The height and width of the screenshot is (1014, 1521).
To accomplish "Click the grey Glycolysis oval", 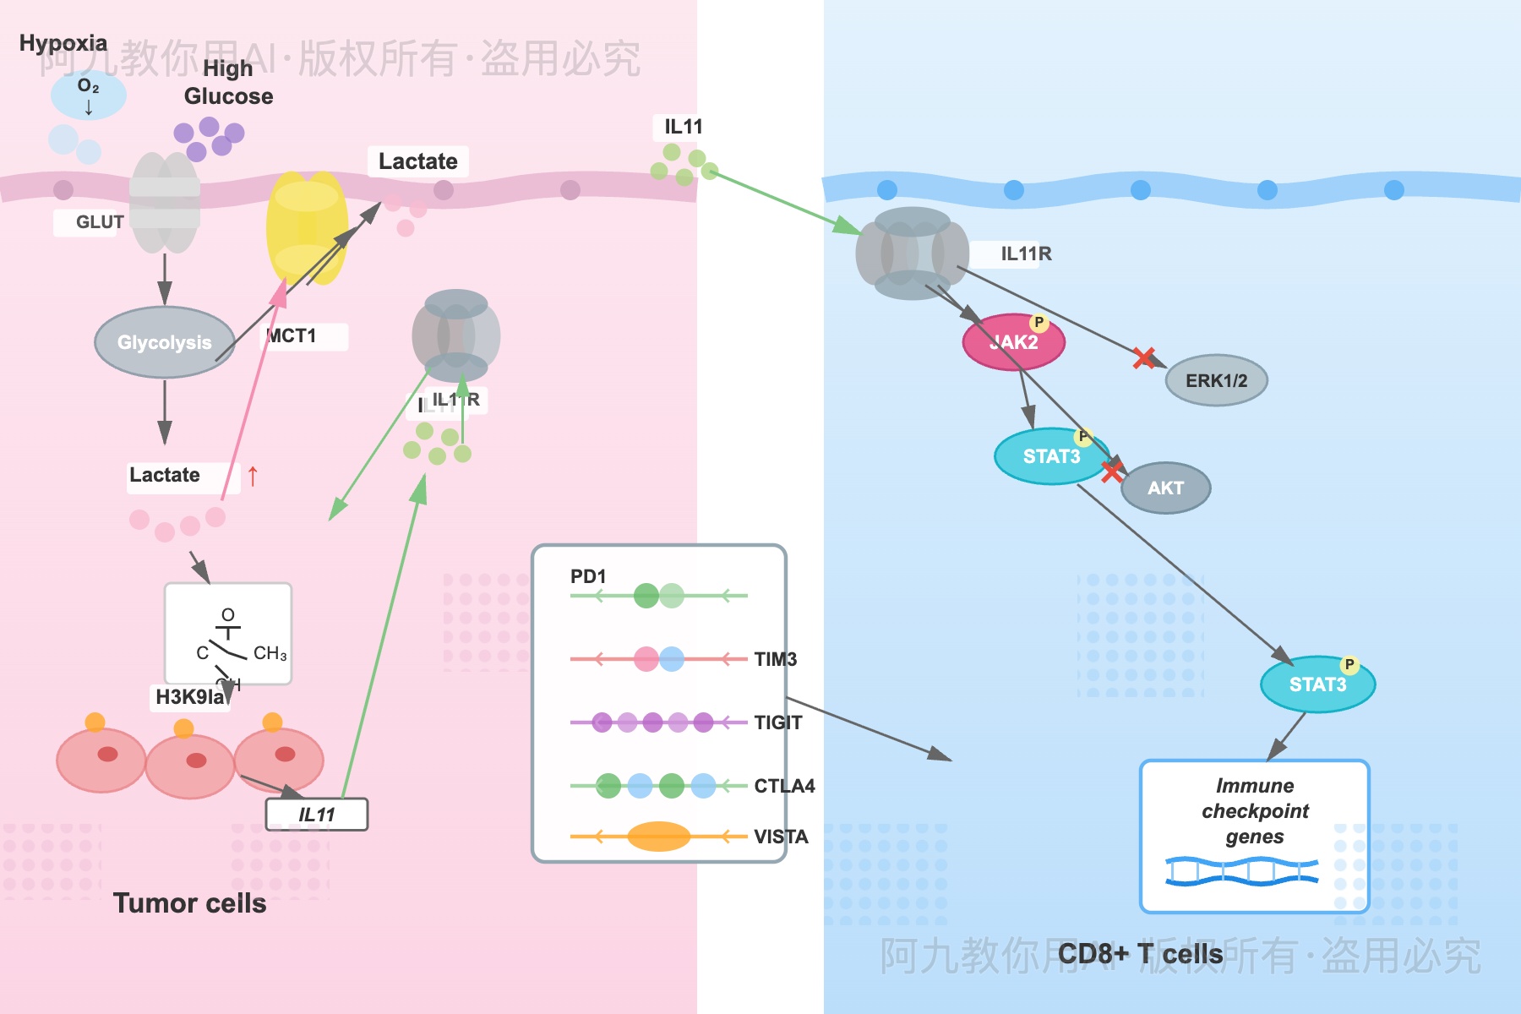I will point(165,342).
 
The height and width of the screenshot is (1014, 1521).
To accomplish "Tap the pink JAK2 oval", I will point(1013,342).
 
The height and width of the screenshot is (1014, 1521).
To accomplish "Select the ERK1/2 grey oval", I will point(1216,380).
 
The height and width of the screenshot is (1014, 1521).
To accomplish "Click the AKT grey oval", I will point(1165,488).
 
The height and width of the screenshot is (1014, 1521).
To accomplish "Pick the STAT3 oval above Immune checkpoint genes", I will point(1317,684).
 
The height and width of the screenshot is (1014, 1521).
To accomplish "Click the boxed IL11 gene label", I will point(317,815).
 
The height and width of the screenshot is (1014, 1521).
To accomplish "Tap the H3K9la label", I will point(190,696).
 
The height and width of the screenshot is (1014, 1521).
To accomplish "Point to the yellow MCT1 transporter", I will point(306,228).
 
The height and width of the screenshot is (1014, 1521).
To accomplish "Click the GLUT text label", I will point(99,222).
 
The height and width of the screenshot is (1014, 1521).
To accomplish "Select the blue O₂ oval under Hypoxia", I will point(89,95).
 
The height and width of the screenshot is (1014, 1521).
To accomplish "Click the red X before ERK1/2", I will point(1143,358).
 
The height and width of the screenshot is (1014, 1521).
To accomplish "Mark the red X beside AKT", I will point(1112,471).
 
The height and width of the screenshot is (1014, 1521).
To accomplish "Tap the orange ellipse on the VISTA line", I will point(659,837).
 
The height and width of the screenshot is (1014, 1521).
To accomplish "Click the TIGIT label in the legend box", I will point(777,722).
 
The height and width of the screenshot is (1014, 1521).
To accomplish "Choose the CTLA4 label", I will point(784,786).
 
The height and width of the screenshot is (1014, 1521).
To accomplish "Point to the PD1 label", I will point(588,576).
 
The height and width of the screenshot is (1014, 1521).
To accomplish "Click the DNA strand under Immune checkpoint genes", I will point(1241,871).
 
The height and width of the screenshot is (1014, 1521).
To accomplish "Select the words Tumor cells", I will point(189,902).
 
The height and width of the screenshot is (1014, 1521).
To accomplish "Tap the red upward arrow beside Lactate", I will point(253,477).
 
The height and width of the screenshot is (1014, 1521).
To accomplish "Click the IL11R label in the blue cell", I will point(1026,253).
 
